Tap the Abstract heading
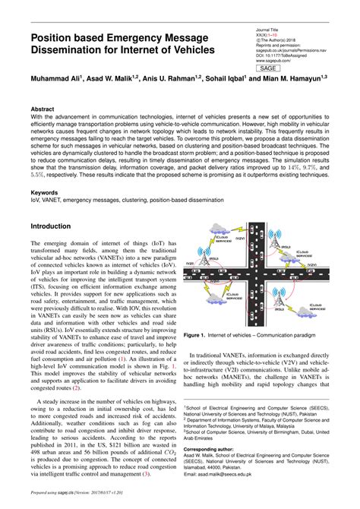pos(43,109)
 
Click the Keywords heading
pos(45,193)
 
